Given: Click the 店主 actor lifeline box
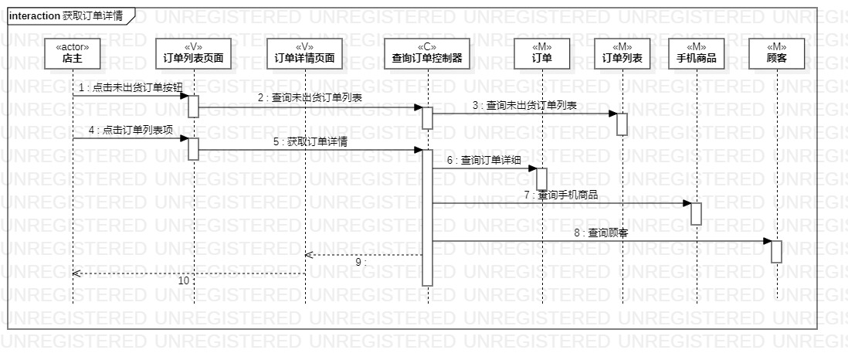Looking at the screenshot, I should pos(73,52).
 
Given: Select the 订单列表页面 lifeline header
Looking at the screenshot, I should pos(194,52).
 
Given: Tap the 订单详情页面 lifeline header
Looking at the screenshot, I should pos(305,52).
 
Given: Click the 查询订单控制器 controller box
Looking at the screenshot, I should pos(427,52).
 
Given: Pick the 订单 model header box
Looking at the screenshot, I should pos(541,52).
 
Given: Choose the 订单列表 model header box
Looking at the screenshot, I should pos(622,52).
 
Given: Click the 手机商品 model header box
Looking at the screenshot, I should pos(696,52).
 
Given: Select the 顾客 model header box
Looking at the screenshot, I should pos(776,52).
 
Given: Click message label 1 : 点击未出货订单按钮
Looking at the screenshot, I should pos(131,87).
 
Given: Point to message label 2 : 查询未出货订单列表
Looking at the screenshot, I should pos(310,97).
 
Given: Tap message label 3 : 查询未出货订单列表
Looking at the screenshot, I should pos(525,105).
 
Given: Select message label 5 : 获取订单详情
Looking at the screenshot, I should pos(310,141).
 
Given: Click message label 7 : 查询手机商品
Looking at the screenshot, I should pos(561,195).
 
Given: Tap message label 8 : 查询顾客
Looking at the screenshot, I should pos(600,233).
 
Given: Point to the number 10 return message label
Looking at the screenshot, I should pos(183,281).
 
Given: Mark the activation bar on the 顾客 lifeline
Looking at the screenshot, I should pos(776,252).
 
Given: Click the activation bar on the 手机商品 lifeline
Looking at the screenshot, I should pos(696,214).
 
